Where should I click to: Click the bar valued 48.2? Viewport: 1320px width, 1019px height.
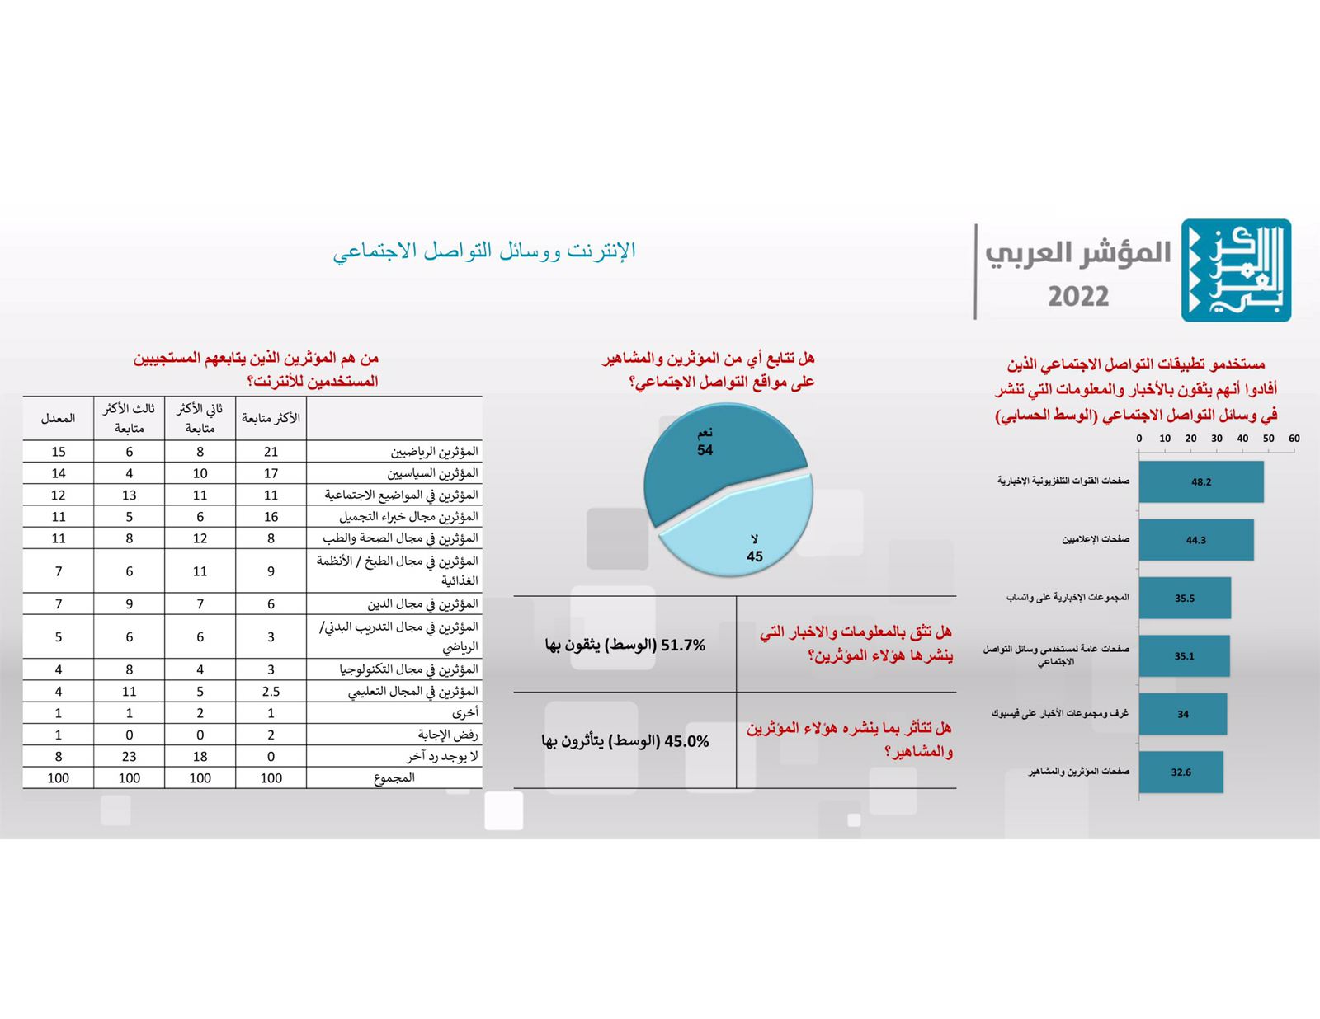tap(1200, 481)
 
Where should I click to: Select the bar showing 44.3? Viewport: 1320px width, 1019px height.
tap(1195, 540)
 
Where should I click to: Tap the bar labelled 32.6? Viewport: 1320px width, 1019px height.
tap(1181, 772)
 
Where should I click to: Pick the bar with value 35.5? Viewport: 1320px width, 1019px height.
tap(1185, 598)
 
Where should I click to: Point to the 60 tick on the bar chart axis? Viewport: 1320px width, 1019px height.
tap(1294, 439)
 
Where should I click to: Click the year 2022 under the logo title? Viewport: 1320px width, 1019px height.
tap(1078, 297)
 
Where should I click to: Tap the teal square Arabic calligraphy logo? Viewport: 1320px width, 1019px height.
tap(1235, 270)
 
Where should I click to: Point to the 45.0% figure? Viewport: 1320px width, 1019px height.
tap(686, 742)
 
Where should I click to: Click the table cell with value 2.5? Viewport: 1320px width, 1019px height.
tap(271, 692)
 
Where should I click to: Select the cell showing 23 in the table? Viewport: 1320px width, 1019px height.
tap(130, 757)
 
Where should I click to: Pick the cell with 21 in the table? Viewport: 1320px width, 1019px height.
tap(271, 452)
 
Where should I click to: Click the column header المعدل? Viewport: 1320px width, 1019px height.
tap(59, 418)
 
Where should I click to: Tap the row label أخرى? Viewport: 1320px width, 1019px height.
tap(465, 713)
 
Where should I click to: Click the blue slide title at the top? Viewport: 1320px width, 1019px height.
tap(485, 251)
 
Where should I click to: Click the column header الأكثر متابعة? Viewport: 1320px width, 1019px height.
tap(271, 418)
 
